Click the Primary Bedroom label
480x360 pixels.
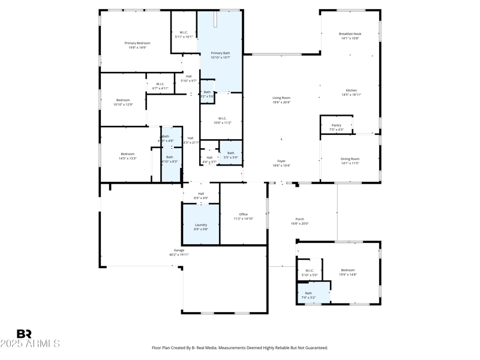pos(137,45)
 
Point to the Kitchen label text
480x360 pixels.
pos(351,92)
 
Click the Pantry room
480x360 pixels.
pos(336,127)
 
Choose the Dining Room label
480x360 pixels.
pos(350,161)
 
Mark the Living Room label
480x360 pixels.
pos(281,100)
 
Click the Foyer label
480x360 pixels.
pos(281,163)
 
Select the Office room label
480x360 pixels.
pos(243,216)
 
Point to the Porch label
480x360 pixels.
pos(299,221)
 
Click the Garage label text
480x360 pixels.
pos(179,252)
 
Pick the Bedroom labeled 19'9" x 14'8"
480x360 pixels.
pos(348,272)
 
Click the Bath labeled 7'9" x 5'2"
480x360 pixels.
pos(308,295)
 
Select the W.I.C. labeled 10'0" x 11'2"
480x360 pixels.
pos(222,120)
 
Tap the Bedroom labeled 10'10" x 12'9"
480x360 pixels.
pos(123,102)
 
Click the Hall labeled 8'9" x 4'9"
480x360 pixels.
pos(201,195)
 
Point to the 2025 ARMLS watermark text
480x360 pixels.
pos(30,344)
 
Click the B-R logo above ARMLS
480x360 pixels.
pos(24,334)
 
